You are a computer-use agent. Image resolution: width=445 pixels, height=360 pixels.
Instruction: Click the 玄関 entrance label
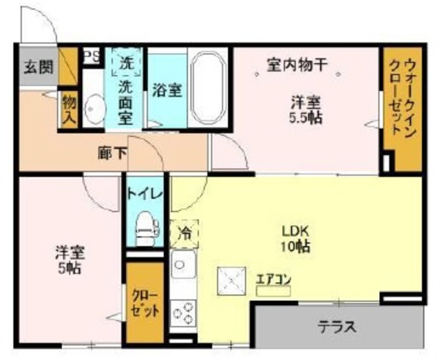click(38, 67)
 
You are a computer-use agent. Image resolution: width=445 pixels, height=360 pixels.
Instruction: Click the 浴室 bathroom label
click(167, 90)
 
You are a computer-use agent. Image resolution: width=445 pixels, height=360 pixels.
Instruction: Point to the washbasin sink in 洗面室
click(93, 108)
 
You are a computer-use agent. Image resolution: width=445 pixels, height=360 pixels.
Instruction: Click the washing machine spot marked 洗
click(127, 62)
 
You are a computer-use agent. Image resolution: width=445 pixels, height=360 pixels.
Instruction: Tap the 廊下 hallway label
click(113, 153)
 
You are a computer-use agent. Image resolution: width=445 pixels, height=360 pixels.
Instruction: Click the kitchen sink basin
click(184, 265)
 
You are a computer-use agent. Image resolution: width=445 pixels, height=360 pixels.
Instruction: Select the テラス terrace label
click(338, 326)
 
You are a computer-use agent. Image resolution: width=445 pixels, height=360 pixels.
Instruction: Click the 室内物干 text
click(298, 66)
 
